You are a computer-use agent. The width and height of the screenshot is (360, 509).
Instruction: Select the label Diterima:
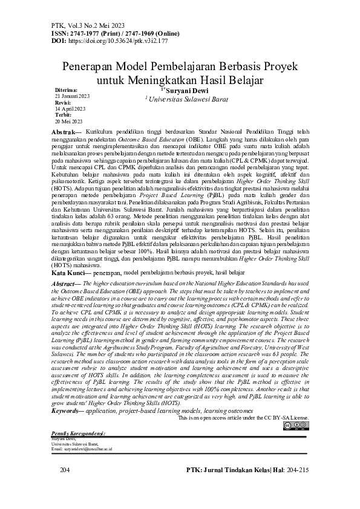[66, 90]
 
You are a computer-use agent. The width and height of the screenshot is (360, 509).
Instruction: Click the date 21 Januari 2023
[73, 96]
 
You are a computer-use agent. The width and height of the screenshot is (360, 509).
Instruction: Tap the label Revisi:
[64, 102]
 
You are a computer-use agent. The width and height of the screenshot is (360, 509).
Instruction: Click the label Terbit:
[64, 114]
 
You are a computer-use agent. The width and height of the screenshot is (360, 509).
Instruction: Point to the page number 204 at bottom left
[66, 469]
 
